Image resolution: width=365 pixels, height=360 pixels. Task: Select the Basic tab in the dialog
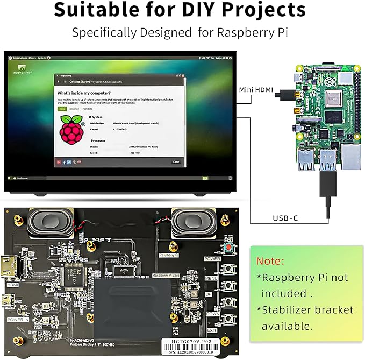[62, 109]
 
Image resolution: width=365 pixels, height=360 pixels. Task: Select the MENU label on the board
[211, 278]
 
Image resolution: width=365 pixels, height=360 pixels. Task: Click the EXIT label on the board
[212, 330]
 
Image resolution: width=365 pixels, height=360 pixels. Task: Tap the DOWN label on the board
[212, 313]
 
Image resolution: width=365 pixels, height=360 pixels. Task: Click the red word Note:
[270, 261]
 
